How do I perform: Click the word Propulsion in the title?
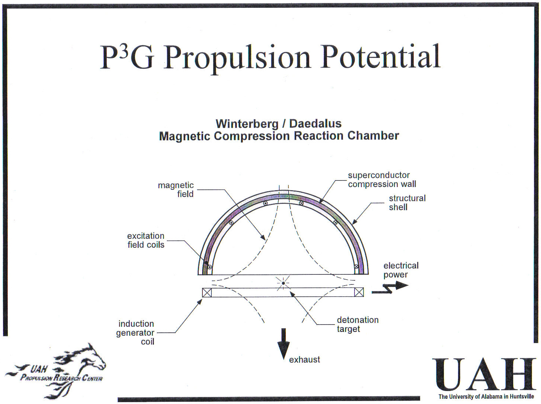tap(237, 58)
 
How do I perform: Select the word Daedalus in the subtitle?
tap(315, 124)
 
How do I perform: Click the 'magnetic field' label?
tap(176, 189)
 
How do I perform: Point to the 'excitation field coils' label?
tap(146, 240)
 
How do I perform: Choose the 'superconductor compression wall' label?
tap(382, 179)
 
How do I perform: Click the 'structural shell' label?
tap(407, 202)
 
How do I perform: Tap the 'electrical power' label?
tap(401, 270)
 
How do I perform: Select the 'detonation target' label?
tap(357, 325)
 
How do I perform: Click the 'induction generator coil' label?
tap(135, 332)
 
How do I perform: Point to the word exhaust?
tap(304, 360)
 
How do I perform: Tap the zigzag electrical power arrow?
tap(390, 288)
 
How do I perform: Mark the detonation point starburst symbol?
tap(283, 283)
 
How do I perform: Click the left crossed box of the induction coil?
tap(207, 293)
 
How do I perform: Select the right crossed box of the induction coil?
tap(359, 292)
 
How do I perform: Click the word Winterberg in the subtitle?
tap(247, 124)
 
